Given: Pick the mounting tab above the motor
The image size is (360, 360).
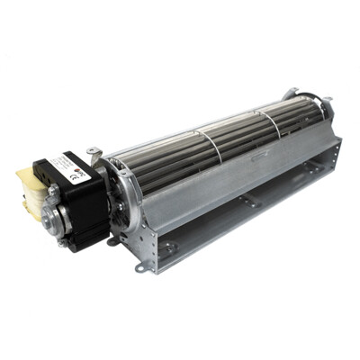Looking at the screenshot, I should point(93,154).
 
